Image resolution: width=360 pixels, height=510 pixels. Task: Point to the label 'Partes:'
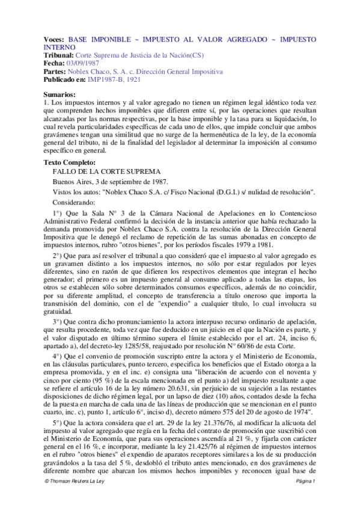pos(58,71)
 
